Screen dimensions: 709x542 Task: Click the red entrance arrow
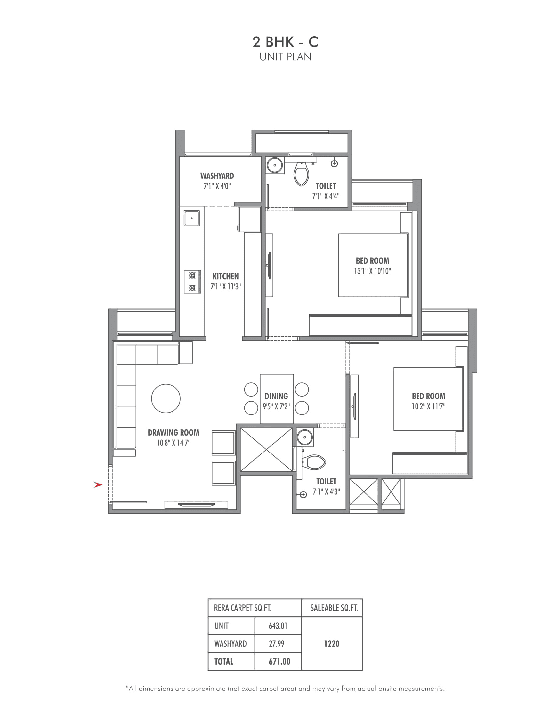[x=98, y=485]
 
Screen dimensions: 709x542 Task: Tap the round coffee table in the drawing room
[x=166, y=398]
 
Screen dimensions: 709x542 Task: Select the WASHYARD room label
[x=217, y=176]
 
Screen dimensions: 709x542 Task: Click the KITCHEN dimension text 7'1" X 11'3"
[x=225, y=287]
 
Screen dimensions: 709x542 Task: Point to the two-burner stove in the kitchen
[x=192, y=281]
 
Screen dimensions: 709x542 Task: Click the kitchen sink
[x=192, y=218]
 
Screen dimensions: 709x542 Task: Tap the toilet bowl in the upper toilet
[x=301, y=174]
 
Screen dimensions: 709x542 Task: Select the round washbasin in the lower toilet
[x=304, y=437]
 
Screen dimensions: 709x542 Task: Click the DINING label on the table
[x=276, y=396]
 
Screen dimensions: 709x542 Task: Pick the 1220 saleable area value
[x=332, y=643]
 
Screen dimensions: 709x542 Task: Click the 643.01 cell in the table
[x=278, y=626]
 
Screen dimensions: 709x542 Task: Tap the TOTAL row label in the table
[x=223, y=662]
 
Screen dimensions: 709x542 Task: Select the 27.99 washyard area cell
[x=277, y=643]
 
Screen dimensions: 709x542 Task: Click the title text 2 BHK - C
[x=285, y=42]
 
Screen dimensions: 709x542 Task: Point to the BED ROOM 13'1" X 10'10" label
[x=372, y=265]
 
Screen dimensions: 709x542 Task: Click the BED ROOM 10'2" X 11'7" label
[x=428, y=401]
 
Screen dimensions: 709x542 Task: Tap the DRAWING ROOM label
[x=174, y=432]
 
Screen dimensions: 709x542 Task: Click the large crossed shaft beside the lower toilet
[x=266, y=450]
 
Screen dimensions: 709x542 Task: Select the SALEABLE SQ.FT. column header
[x=334, y=608]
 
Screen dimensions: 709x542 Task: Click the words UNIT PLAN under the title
[x=285, y=57]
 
